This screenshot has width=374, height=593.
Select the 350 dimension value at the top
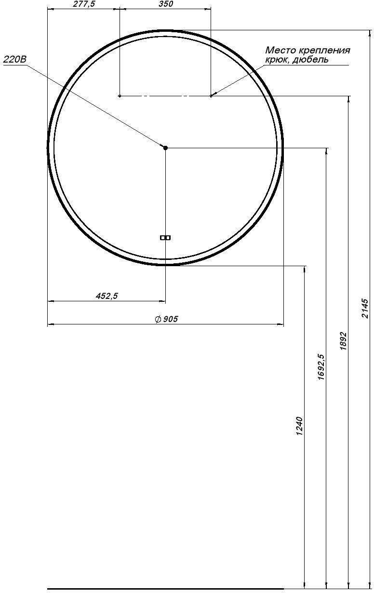166,4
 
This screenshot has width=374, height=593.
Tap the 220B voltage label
15,60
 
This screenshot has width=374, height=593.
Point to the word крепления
324,50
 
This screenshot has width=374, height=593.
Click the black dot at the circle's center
165,148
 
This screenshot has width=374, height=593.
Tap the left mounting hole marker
120,96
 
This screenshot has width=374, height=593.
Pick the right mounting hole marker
211,96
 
